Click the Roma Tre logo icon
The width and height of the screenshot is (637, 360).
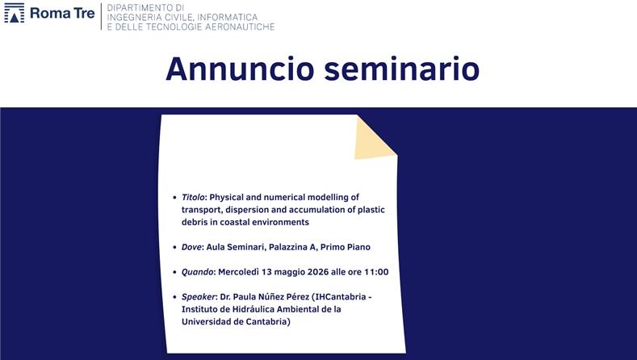(15, 13)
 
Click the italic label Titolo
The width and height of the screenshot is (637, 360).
(193, 197)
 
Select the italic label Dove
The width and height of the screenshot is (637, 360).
(191, 247)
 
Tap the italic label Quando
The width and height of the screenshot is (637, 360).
(198, 272)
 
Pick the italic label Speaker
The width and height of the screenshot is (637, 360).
(199, 297)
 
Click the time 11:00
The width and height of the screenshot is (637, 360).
(375, 272)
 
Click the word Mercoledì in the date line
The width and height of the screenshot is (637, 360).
(243, 272)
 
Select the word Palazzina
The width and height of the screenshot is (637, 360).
(295, 247)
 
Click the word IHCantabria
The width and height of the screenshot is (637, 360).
(337, 297)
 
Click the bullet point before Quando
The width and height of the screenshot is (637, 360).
(174, 273)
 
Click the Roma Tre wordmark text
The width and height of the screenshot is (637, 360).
(61, 13)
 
